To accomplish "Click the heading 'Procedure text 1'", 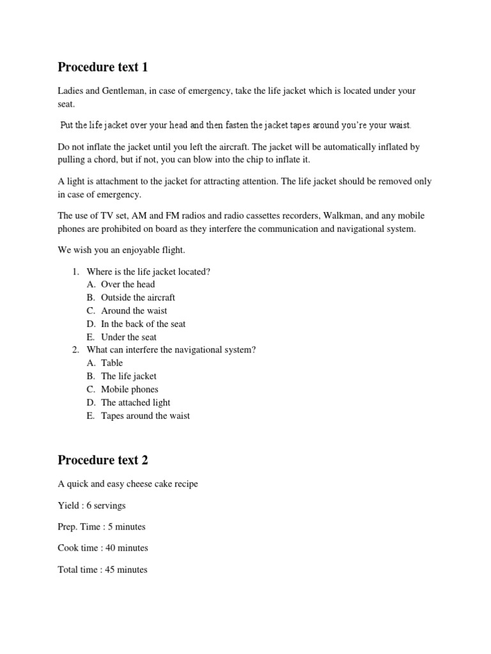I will (x=102, y=67).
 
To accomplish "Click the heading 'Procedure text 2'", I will (x=103, y=460).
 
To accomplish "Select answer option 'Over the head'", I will (x=128, y=284).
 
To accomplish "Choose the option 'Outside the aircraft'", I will (x=138, y=298).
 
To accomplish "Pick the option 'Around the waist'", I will (x=134, y=310).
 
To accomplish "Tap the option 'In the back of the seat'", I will (x=143, y=324).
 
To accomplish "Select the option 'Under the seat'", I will (x=129, y=337).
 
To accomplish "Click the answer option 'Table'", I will (x=112, y=363).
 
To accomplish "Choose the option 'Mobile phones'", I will (x=130, y=389).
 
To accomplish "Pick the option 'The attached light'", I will (x=136, y=402).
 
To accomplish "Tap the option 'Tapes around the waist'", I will (x=145, y=416).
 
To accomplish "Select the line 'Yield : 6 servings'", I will (x=91, y=505).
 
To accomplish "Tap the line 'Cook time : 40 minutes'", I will (x=102, y=548).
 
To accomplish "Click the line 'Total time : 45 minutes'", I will (x=102, y=569).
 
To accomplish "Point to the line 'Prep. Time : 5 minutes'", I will (x=101, y=527).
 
